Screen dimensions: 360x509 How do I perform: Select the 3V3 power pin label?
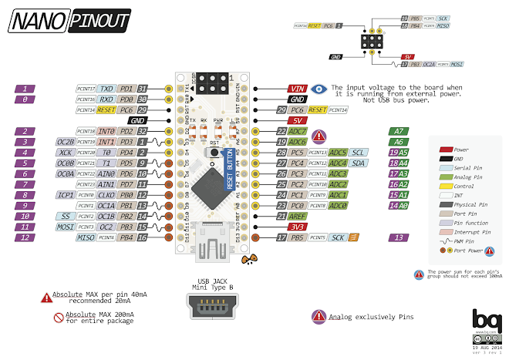tap(297, 227)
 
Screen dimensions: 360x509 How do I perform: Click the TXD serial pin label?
tap(106, 89)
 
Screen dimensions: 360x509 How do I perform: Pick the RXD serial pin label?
tap(106, 99)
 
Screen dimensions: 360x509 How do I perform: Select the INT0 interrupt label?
tap(106, 132)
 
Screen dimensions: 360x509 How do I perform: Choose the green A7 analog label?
tap(398, 132)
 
